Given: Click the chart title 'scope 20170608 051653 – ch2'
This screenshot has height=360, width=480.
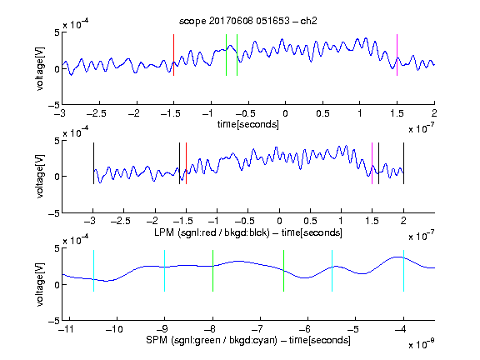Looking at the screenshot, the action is pyautogui.click(x=248, y=21).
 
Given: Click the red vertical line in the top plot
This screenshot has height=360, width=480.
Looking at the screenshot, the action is pyautogui.click(x=174, y=55).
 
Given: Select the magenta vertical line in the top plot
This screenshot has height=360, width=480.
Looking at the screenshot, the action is pyautogui.click(x=397, y=55).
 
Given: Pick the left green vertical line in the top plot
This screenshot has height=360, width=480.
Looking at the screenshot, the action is pyautogui.click(x=226, y=55).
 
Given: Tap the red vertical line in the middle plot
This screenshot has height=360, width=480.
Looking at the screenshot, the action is pyautogui.click(x=186, y=163).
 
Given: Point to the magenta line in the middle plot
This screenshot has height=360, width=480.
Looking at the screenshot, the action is pyautogui.click(x=372, y=163).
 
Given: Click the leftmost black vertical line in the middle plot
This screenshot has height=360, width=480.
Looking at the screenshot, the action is pyautogui.click(x=93, y=163).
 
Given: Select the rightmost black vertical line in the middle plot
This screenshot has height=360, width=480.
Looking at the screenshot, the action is pyautogui.click(x=404, y=163).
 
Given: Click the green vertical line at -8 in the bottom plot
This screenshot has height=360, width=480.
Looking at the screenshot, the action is pyautogui.click(x=212, y=271).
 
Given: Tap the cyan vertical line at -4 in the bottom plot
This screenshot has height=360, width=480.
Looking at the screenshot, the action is pyautogui.click(x=404, y=271).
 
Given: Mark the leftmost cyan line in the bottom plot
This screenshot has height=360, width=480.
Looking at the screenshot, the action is pyautogui.click(x=93, y=271).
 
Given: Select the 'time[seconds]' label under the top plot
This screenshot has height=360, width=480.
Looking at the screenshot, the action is pyautogui.click(x=248, y=124).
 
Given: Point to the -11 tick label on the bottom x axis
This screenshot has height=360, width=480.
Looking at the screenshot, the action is pyautogui.click(x=66, y=329).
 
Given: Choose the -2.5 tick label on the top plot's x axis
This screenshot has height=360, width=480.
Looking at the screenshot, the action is pyautogui.click(x=97, y=113).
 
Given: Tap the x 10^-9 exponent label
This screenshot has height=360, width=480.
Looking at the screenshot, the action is pyautogui.click(x=421, y=343).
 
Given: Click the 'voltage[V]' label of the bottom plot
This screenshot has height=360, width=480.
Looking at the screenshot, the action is pyautogui.click(x=40, y=284).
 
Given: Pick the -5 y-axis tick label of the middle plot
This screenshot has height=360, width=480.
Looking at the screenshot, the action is pyautogui.click(x=54, y=213).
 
